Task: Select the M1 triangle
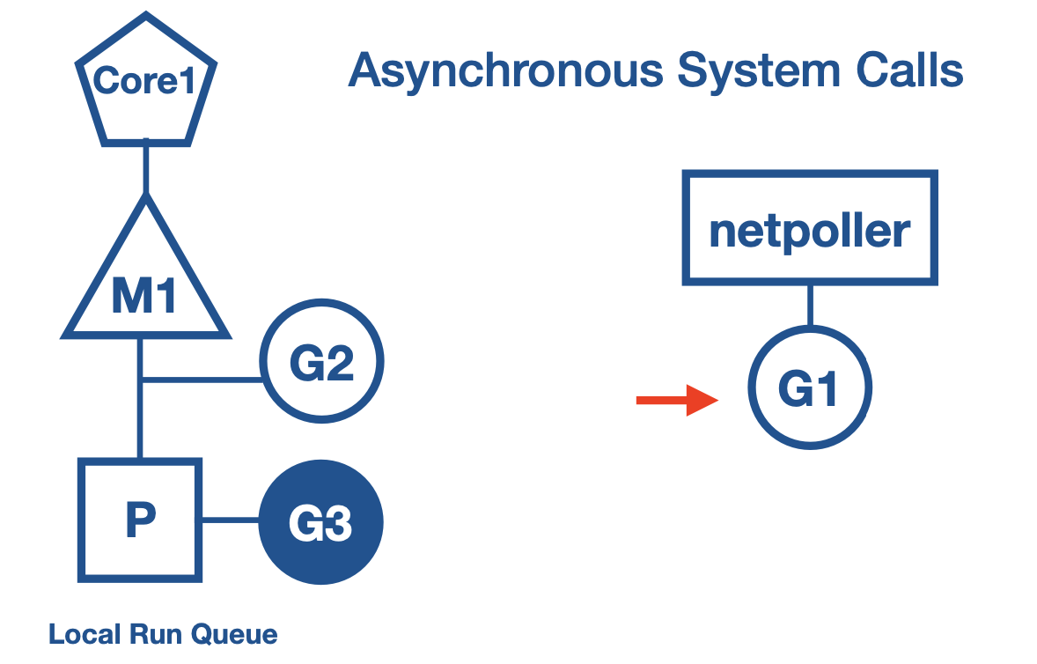pos(145,291)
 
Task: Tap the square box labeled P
pos(140,520)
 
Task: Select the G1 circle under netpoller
pos(809,388)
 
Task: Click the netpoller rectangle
pos(809,230)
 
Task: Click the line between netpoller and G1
pos(809,305)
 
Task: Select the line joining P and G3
pos(230,520)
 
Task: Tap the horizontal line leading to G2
pos(202,380)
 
